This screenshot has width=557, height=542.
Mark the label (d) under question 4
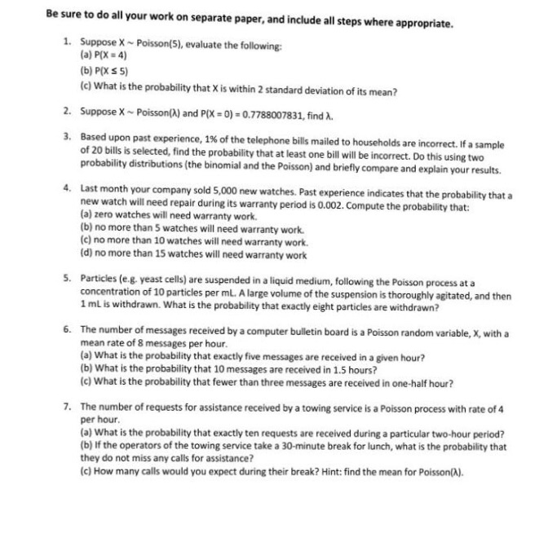[x=85, y=255]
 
